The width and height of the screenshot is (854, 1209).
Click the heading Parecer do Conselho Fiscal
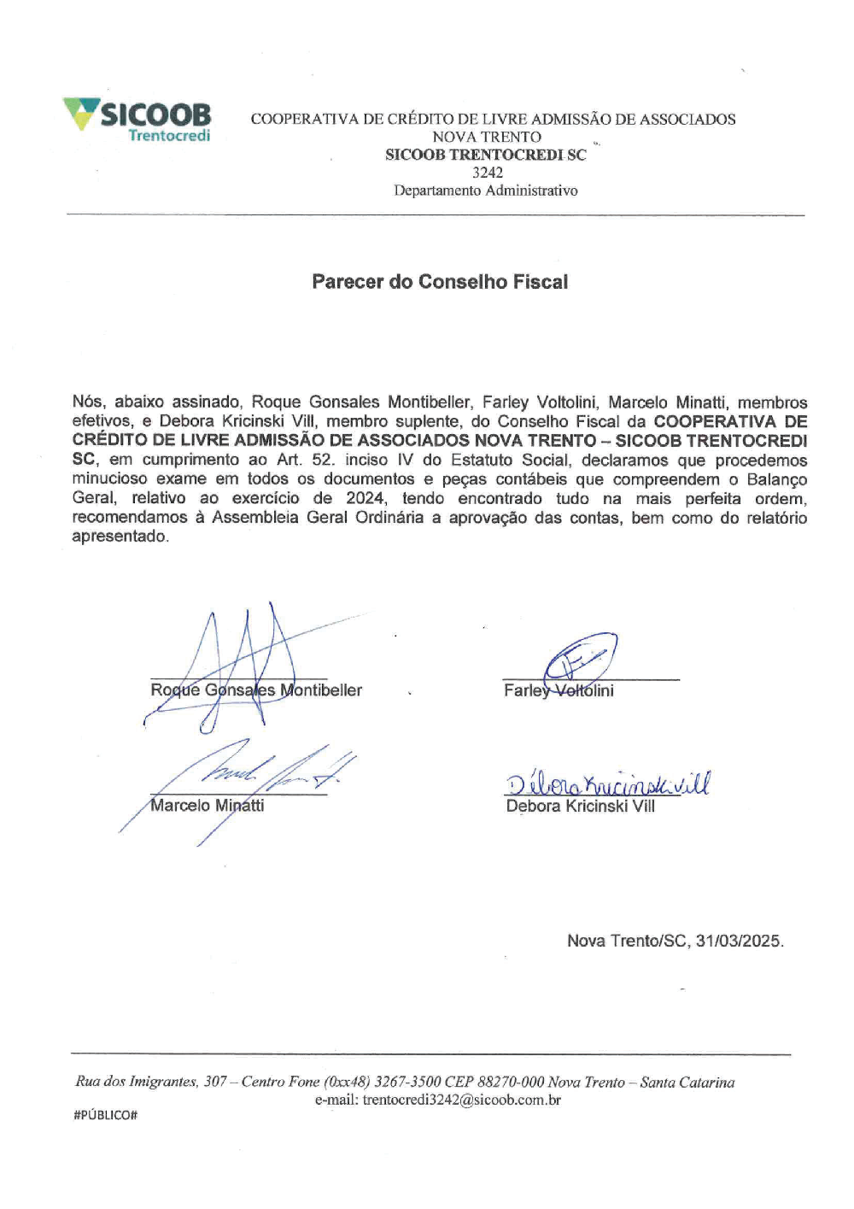coord(440,282)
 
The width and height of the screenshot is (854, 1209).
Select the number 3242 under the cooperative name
coord(488,173)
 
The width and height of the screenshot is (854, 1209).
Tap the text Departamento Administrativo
coord(485,191)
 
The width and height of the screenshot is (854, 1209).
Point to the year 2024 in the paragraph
coord(366,498)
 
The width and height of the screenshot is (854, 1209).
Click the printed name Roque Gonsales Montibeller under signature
coord(256,690)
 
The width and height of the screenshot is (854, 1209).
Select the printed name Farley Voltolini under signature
coord(559,690)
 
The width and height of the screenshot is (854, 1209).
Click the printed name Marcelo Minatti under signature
coord(207,805)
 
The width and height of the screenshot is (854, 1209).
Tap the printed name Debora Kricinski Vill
coord(581,806)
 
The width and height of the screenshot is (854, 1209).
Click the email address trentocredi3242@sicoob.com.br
coord(461,1100)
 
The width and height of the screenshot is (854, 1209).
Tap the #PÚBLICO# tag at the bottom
coord(106,1115)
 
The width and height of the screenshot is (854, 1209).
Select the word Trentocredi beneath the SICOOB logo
coord(169,135)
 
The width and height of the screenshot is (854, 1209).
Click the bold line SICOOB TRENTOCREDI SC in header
coord(486,155)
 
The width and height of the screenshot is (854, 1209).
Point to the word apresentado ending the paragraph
coord(120,537)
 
